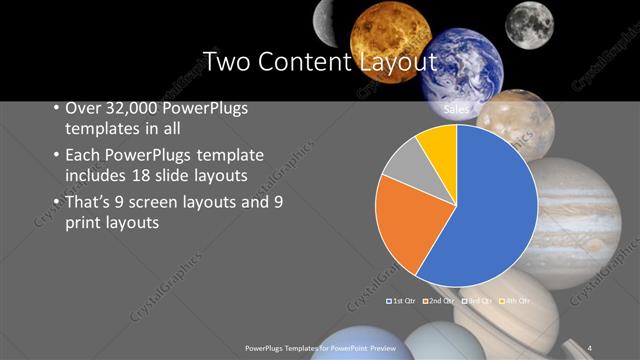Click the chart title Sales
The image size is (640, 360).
pyautogui.click(x=457, y=106)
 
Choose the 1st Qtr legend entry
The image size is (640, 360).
pyautogui.click(x=401, y=300)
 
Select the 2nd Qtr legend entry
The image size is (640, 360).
pyautogui.click(x=441, y=300)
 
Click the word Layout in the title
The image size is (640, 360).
pyautogui.click(x=398, y=62)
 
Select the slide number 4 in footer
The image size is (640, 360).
pyautogui.click(x=590, y=346)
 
